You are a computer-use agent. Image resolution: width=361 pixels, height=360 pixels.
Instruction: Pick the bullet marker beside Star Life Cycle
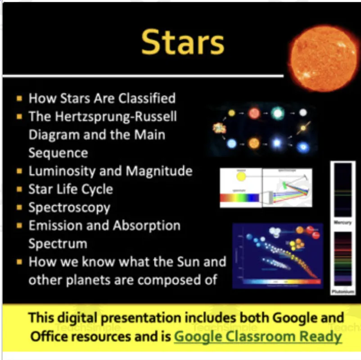coord(19,189)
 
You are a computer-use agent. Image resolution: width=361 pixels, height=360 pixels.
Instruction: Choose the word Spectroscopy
coord(69,207)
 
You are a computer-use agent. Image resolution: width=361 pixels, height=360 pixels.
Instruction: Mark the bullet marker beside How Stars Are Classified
coord(19,98)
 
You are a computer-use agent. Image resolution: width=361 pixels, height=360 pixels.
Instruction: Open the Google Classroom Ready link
coord(258,336)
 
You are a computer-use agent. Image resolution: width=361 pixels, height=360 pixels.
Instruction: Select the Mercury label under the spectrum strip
coord(343,223)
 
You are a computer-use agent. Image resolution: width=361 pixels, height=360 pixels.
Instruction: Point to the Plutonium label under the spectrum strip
coord(343,292)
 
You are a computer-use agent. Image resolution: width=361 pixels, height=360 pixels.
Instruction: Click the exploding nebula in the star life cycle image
coord(219,129)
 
